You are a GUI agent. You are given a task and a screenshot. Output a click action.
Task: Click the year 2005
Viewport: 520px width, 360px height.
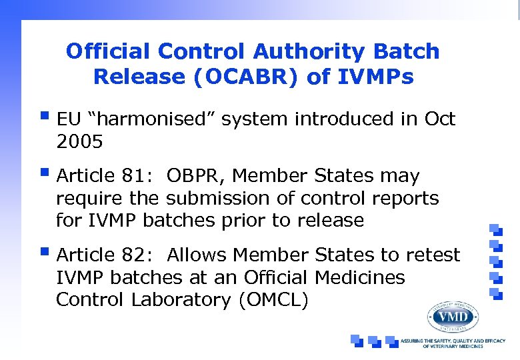79,142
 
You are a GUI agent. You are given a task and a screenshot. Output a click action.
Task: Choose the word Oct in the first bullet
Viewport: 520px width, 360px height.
439,120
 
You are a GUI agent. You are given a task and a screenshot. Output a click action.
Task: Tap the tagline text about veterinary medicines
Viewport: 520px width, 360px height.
453,343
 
